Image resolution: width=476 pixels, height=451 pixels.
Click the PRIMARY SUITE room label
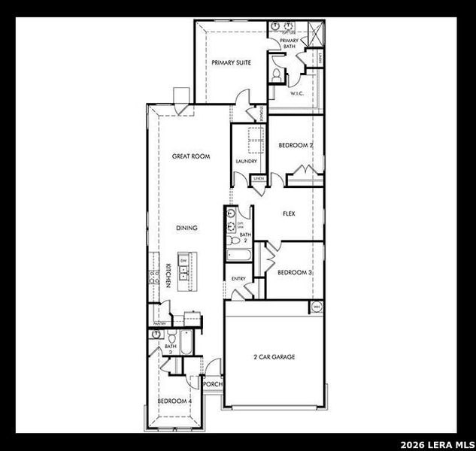point(231,63)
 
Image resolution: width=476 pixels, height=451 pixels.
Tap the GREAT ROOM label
point(191,156)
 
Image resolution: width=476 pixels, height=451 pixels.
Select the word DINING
point(187,228)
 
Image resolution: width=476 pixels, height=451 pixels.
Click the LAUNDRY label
point(246,161)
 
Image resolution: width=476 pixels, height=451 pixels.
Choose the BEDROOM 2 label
point(296,145)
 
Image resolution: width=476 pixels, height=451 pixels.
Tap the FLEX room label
point(289,213)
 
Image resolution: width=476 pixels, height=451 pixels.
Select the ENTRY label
point(238,279)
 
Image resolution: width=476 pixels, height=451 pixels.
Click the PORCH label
point(213,383)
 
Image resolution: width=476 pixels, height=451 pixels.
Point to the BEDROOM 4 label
point(174,401)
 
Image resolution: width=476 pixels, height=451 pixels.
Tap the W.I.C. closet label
point(296,94)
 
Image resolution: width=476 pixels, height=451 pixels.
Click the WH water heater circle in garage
point(316,307)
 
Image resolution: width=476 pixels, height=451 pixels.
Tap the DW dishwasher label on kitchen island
point(183,260)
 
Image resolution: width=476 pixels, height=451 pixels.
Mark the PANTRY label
point(159,323)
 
